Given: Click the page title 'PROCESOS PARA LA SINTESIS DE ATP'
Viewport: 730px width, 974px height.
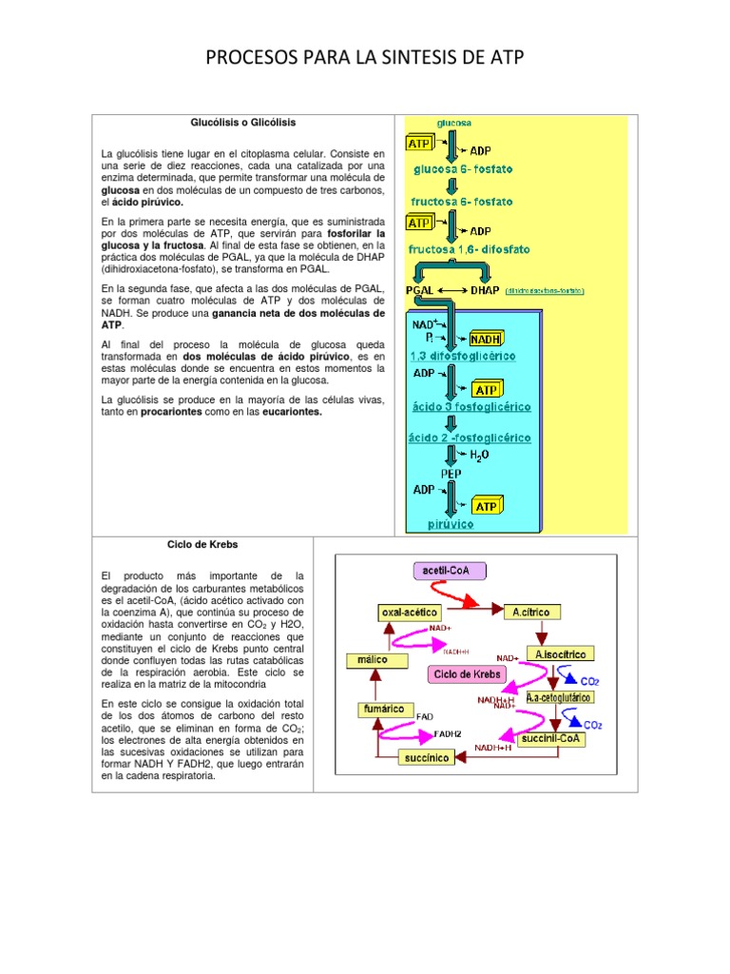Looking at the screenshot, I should (x=365, y=61).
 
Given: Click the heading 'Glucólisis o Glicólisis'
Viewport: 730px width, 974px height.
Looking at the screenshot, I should (x=243, y=123).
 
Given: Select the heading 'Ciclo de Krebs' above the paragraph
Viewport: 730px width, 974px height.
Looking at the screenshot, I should (x=202, y=545).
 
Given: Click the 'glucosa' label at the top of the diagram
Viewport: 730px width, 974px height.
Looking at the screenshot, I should (x=453, y=123).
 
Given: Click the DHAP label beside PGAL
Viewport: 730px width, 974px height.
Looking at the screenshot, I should (x=487, y=290).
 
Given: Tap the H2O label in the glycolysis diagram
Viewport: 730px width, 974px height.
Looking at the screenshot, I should (x=480, y=455).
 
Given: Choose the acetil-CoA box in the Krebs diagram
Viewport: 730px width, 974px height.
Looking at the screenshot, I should (x=449, y=570).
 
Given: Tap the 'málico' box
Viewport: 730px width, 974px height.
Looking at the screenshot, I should (x=372, y=659).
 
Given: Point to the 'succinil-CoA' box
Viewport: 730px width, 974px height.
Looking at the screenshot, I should (x=553, y=738).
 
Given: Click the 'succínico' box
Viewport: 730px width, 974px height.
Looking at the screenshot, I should (x=430, y=757).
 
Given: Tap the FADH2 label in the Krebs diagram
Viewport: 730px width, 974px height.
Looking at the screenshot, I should (x=448, y=734).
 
